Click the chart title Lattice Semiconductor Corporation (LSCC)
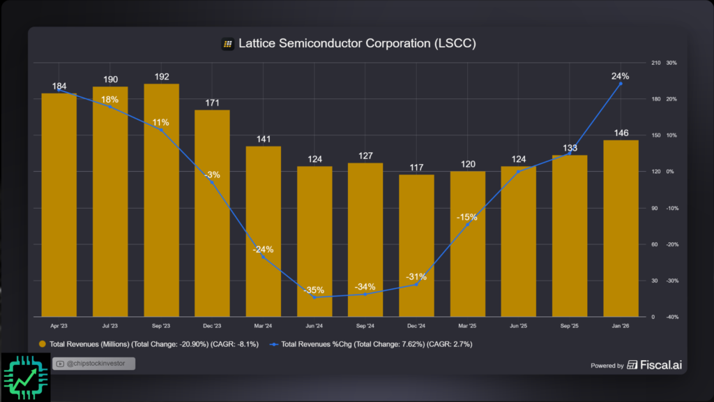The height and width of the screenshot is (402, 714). click(357, 43)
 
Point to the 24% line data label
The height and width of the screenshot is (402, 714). click(621, 76)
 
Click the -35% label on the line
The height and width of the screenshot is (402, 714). click(314, 290)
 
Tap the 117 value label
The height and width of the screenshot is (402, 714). click(416, 167)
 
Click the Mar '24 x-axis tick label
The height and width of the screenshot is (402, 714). click(263, 326)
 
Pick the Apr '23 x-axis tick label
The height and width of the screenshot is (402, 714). click(59, 326)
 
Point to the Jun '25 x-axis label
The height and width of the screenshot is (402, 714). click(518, 326)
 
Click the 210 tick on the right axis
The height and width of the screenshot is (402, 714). click(655, 63)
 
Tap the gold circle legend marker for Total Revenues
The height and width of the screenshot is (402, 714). click(43, 344)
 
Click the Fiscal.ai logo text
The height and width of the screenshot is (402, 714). click(658, 365)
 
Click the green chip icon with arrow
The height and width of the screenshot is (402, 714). click(25, 377)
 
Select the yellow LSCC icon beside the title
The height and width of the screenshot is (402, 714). click(227, 44)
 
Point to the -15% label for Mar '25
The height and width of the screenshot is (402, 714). click(467, 217)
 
